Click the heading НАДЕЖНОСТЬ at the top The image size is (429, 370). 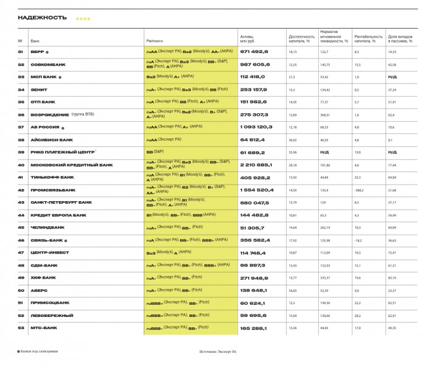pos(43,18)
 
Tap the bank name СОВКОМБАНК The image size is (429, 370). pos(49,65)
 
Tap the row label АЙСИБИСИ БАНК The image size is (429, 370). pos(52,140)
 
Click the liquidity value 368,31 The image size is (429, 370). pos(328,115)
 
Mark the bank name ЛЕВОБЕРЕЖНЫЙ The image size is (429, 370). pos(52,315)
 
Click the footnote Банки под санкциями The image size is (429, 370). pos(40,352)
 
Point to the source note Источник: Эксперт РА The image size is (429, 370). pos(218,352)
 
